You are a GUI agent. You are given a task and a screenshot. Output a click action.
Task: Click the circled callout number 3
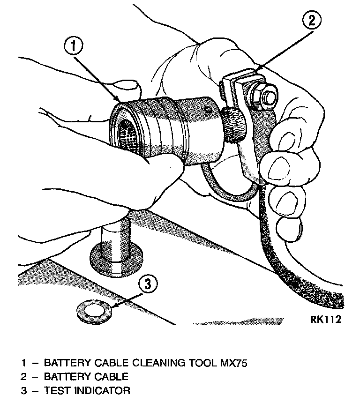[147, 284]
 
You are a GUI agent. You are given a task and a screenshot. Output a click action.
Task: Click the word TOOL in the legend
[205, 363]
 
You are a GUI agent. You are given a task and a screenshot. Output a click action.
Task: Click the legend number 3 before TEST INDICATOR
[23, 390]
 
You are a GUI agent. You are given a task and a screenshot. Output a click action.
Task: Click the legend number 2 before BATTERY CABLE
[23, 376]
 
